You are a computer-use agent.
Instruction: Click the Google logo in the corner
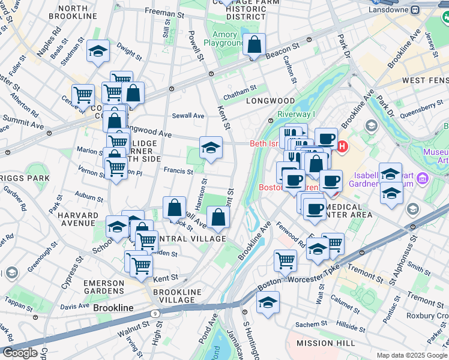(x=20, y=353)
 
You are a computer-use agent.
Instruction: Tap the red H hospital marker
(x=342, y=146)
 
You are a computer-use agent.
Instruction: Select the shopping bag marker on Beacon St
(x=255, y=45)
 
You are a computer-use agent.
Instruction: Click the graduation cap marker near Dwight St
(x=98, y=52)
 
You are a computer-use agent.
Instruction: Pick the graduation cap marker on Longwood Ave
(x=211, y=148)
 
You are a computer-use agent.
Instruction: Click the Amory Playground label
(x=224, y=39)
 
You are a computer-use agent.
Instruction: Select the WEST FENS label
(x=424, y=80)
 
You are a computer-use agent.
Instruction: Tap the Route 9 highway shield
(x=155, y=313)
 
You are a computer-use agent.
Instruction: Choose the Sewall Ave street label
(x=188, y=115)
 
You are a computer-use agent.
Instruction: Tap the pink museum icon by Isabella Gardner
(x=421, y=178)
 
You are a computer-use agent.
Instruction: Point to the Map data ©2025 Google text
(x=411, y=355)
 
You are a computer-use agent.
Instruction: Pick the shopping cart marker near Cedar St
(x=83, y=94)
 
